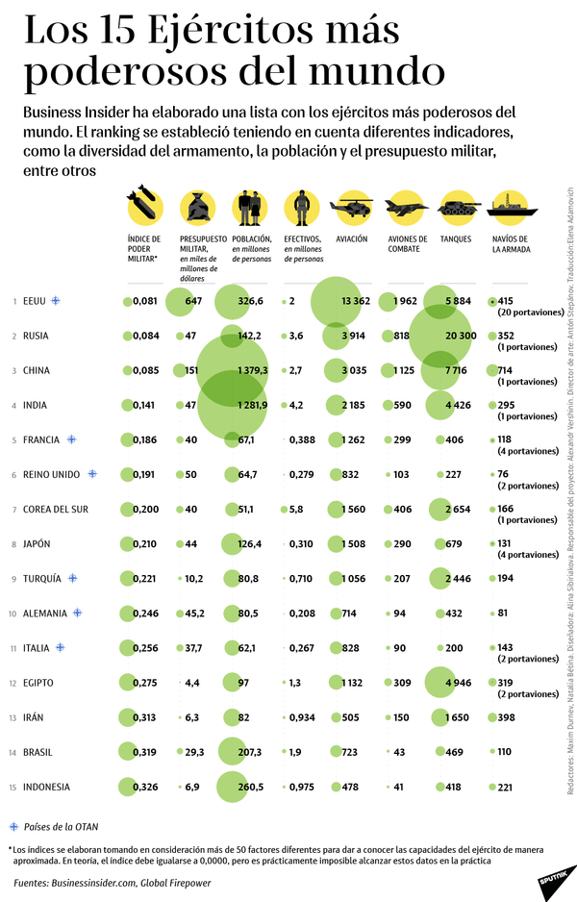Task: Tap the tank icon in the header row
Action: pos(458,208)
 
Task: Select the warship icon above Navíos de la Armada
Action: pos(509,208)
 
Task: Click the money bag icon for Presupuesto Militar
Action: pos(197,208)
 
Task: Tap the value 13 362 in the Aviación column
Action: pos(355,302)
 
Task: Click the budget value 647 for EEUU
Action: pos(193,302)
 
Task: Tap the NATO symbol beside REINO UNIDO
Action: pos(92,474)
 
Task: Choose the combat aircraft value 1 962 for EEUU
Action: pos(405,302)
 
